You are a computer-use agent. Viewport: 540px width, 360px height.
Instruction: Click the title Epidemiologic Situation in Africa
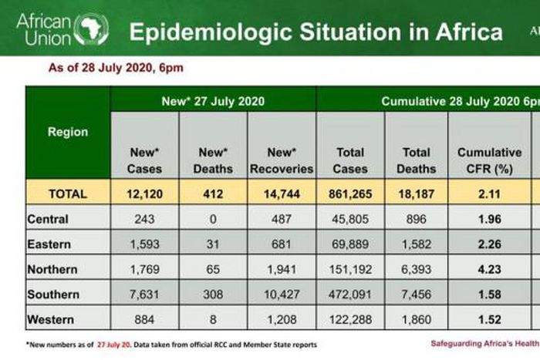[315, 32]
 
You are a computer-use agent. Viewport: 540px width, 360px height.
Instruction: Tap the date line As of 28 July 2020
[116, 68]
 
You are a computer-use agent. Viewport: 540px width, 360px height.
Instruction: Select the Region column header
[68, 132]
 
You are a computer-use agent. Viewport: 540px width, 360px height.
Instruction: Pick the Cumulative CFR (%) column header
[489, 160]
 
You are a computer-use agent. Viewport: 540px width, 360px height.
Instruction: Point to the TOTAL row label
[68, 193]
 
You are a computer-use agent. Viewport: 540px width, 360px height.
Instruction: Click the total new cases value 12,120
[146, 193]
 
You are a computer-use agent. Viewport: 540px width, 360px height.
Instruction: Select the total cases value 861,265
[351, 193]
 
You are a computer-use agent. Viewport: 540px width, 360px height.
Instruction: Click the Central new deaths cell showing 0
[213, 219]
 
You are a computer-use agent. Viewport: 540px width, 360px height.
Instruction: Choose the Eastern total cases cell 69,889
[351, 244]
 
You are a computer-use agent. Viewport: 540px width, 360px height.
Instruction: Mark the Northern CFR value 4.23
[489, 269]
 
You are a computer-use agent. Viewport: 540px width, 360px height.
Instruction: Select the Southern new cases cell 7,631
[146, 294]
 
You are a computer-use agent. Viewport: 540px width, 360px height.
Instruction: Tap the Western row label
[51, 319]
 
